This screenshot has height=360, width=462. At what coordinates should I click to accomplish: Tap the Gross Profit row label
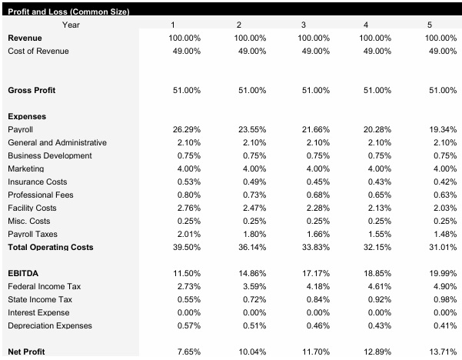point(32,90)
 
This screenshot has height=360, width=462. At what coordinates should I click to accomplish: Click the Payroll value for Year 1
point(187,129)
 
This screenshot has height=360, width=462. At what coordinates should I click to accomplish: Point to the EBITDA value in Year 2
point(252,273)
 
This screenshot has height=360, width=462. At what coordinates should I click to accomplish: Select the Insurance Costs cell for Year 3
point(315,182)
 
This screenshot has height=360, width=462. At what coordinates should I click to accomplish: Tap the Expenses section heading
point(27,116)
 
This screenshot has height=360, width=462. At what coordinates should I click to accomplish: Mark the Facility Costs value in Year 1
point(188,208)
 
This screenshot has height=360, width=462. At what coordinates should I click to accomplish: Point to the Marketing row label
point(26,168)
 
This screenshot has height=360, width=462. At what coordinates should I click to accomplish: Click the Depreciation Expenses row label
point(50,325)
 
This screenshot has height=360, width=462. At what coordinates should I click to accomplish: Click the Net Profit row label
point(26,352)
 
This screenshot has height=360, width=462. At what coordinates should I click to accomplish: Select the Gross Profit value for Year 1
point(187,90)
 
